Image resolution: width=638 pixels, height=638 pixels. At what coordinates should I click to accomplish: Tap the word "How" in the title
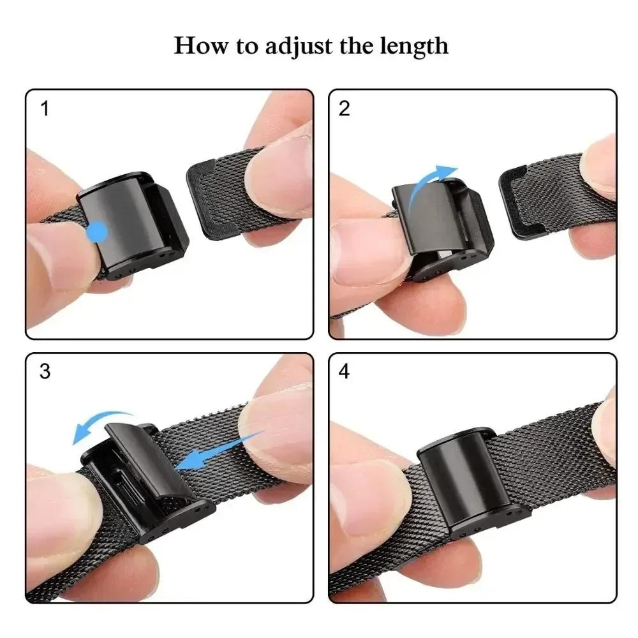coord(198,46)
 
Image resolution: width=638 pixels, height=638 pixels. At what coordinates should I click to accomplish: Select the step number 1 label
coord(45,109)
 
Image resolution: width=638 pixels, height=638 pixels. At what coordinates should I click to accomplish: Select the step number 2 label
coord(345,109)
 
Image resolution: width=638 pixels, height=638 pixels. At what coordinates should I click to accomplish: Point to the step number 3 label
coord(45,372)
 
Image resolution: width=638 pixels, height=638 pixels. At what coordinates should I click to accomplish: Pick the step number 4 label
coord(345,372)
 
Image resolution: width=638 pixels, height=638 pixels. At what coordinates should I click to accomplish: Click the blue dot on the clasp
coord(98,231)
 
